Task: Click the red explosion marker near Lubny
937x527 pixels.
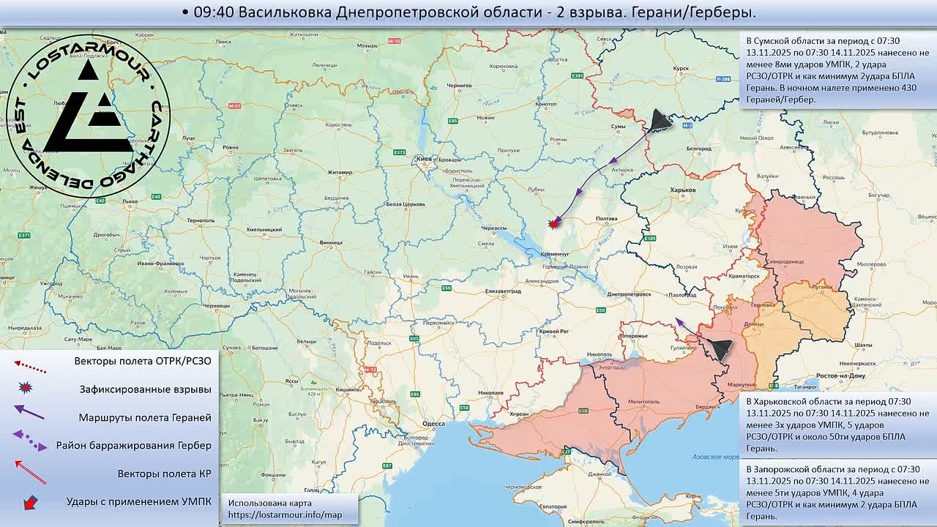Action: click(554, 224)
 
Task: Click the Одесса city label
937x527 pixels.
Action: click(433, 424)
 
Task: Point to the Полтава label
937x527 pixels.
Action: click(607, 219)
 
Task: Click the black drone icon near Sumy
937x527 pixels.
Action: click(661, 121)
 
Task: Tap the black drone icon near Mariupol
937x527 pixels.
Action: click(719, 349)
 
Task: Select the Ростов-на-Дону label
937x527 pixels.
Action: click(841, 375)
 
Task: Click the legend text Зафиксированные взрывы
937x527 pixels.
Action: click(145, 389)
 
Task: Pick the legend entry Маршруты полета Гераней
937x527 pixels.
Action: click(145, 417)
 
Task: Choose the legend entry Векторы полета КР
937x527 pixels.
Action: click(164, 474)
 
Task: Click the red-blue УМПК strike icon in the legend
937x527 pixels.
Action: click(30, 502)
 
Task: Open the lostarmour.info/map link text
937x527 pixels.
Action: click(285, 515)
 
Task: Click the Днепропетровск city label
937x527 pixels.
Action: click(629, 294)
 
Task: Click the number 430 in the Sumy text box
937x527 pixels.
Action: click(906, 88)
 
